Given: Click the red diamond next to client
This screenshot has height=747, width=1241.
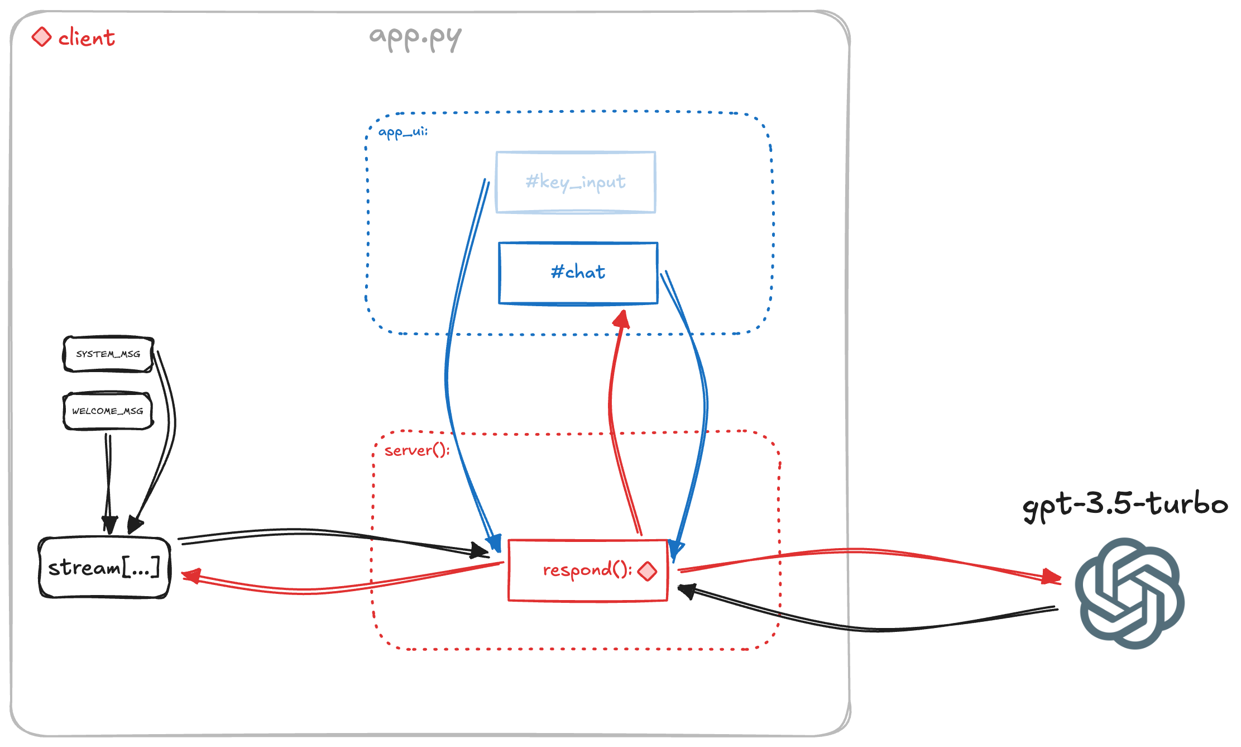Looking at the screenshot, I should pos(41,37).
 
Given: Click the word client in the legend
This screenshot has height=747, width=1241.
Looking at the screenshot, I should pos(87,38).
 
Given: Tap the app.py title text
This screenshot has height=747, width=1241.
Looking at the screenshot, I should pos(415,37).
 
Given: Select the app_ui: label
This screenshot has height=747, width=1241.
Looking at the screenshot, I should pos(403,132).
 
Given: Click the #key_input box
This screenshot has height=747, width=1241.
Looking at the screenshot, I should pos(576,182).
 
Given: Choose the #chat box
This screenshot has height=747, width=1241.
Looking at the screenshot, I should pos(578,273).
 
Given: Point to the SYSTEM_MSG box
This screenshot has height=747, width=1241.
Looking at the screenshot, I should pos(108,354).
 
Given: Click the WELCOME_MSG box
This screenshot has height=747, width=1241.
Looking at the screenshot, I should pos(108,411).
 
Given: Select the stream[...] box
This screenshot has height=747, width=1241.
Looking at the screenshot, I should pos(104,568).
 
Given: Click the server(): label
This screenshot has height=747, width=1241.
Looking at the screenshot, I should pos(416,450).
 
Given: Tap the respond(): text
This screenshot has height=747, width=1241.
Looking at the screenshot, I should pos(586,570).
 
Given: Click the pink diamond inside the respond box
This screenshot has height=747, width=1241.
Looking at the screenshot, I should pos(647,571).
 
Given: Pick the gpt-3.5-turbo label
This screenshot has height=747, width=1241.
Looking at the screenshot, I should pos(1125,505).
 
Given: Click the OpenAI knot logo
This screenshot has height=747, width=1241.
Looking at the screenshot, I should pos(1129,593).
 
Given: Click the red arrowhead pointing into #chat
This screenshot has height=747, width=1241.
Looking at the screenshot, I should pos(622,319).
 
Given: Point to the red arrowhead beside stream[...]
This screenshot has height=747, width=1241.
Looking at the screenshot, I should pos(191,575).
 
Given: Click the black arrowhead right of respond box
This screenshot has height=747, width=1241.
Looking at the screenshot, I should pos(686,590).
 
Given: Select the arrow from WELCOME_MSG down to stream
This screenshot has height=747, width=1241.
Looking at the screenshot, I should pos(108,480).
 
